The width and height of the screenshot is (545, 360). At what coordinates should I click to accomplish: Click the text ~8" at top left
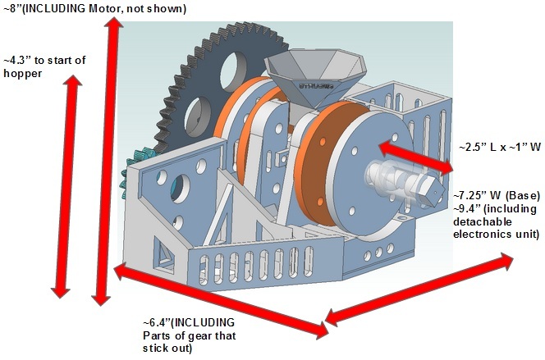coord(14,9)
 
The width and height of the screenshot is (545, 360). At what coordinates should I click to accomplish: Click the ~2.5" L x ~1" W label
coord(500,145)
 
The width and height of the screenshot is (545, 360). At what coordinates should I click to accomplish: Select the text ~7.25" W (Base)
coord(496,197)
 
